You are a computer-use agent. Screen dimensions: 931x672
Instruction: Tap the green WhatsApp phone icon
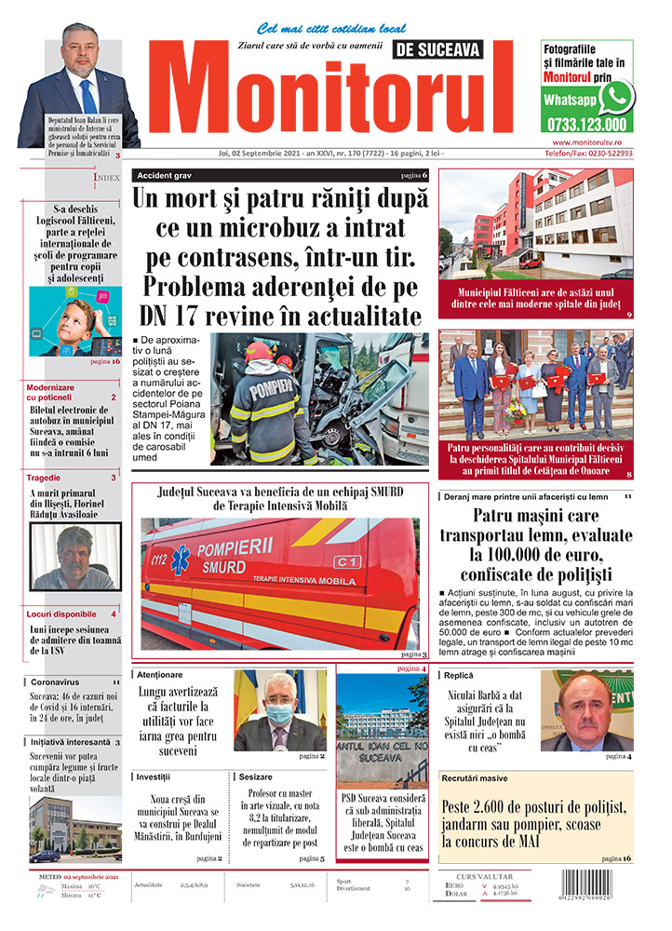coord(615,96)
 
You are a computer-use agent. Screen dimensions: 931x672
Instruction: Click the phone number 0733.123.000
coord(586,124)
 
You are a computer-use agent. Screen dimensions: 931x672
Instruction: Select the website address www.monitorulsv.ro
coord(586,142)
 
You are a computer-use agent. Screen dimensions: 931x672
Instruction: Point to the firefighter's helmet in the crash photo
coord(259,352)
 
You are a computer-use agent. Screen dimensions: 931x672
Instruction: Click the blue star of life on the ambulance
coord(180,558)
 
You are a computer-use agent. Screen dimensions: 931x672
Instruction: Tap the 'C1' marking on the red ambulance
coord(347,561)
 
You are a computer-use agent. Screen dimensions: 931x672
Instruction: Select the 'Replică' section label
coord(460,674)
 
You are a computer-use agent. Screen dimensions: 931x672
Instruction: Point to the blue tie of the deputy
coord(88,97)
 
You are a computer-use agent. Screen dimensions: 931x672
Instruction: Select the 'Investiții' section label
coord(154,776)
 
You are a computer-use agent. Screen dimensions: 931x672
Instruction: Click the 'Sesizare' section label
coord(256,776)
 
